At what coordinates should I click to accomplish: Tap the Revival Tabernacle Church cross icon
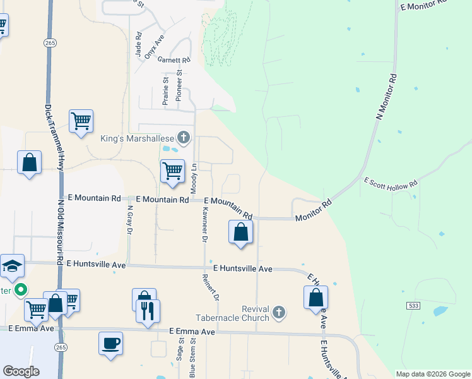(x=279, y=312)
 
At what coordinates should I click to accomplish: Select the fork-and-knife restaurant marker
(x=148, y=311)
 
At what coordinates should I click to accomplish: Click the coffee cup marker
(x=111, y=343)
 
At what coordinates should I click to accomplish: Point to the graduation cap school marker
(x=12, y=267)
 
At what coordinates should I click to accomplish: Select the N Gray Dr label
(x=129, y=219)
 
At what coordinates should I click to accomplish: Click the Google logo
(x=21, y=371)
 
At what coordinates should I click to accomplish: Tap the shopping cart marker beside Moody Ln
(x=172, y=171)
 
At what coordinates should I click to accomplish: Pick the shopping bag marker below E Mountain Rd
(x=240, y=232)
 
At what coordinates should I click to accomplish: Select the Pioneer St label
(x=179, y=81)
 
